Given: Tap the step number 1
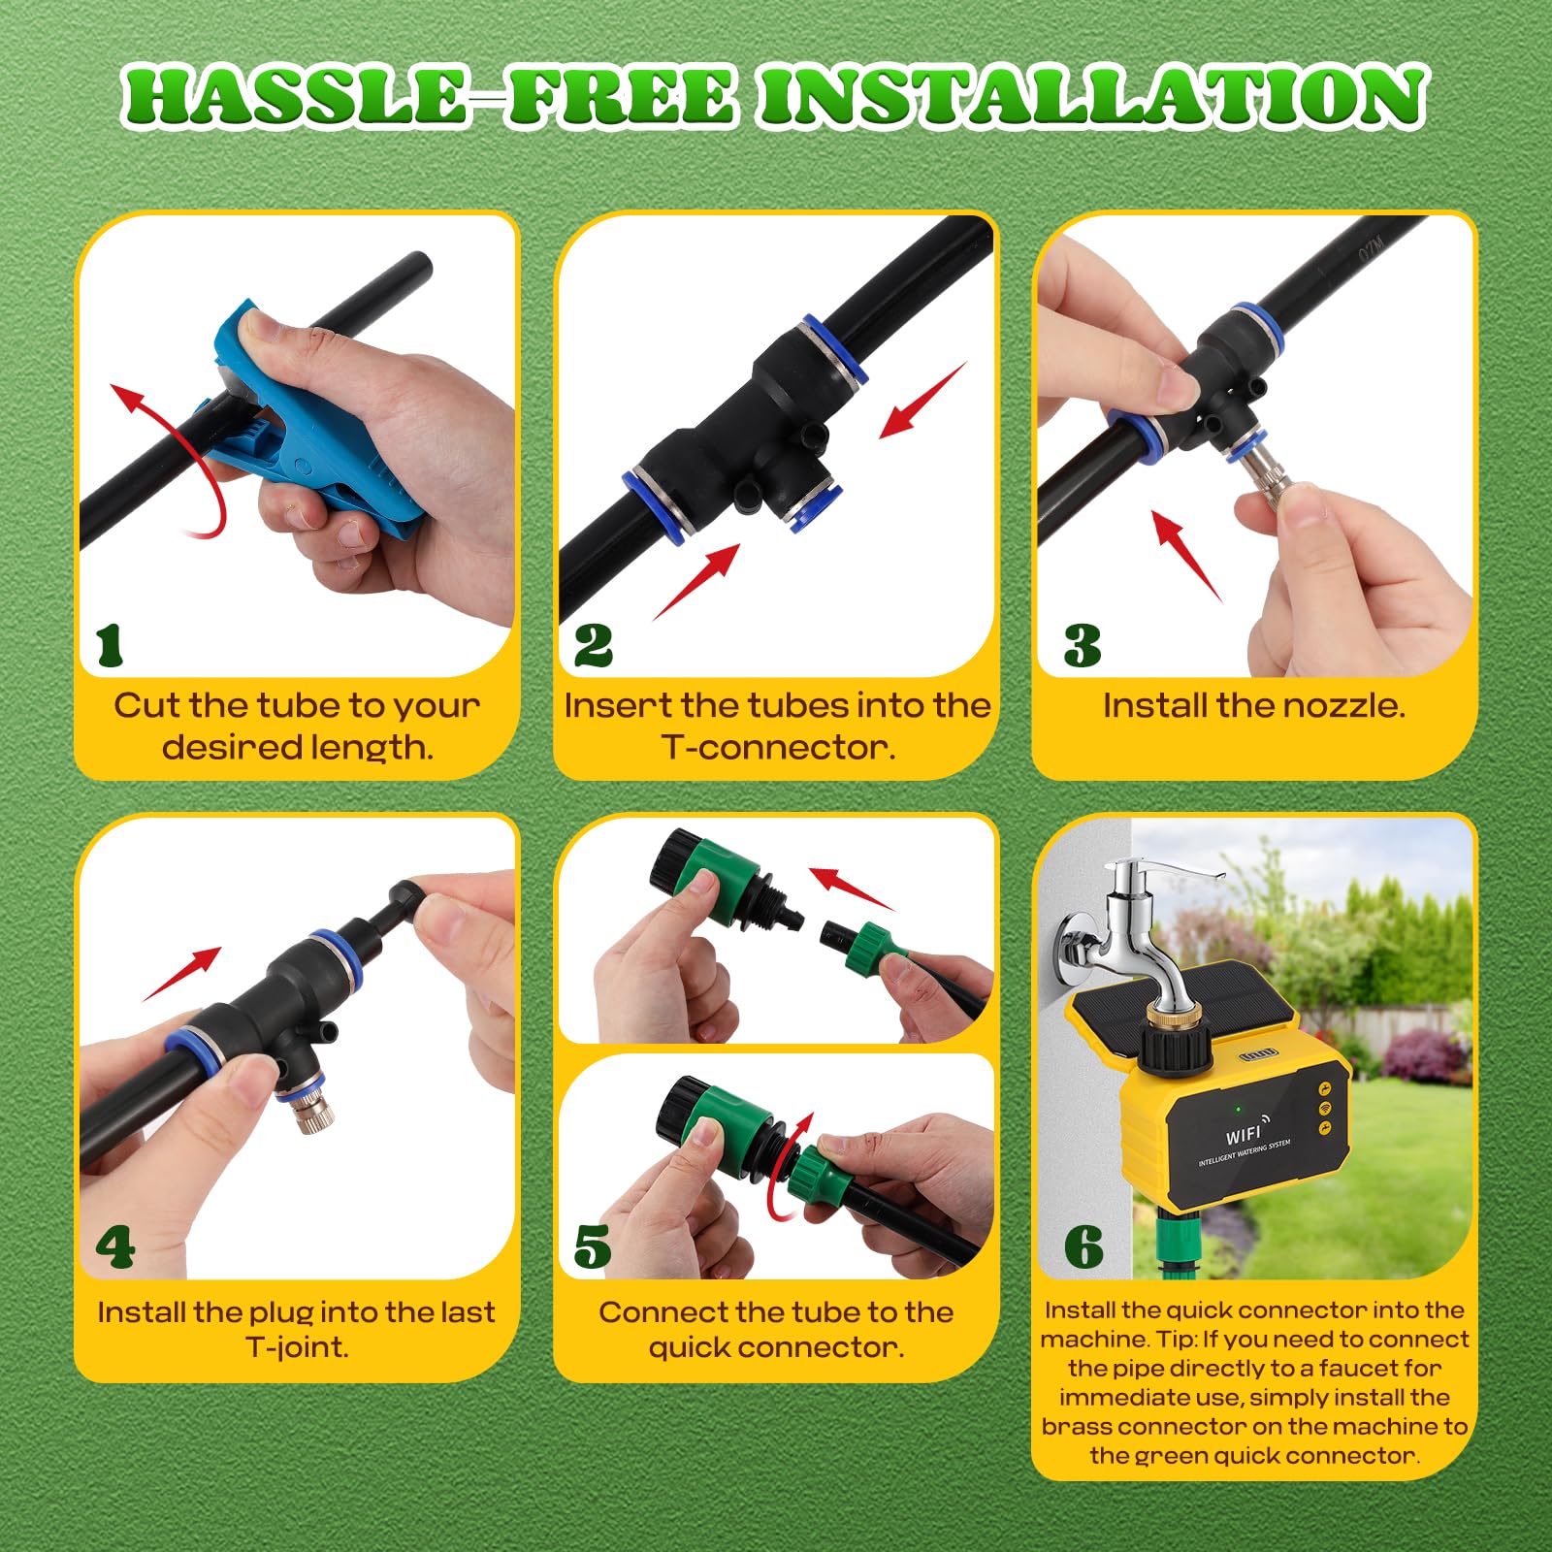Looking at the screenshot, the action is tap(110, 645).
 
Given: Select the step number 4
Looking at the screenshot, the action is tap(114, 1247).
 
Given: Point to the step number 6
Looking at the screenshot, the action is tap(1083, 1247).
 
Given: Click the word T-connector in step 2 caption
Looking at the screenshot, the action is tap(778, 747).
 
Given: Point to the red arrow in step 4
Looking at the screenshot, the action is tap(181, 974).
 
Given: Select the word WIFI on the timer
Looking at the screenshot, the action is tap(1244, 1135).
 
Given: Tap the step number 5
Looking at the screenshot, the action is tap(593, 1247).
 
